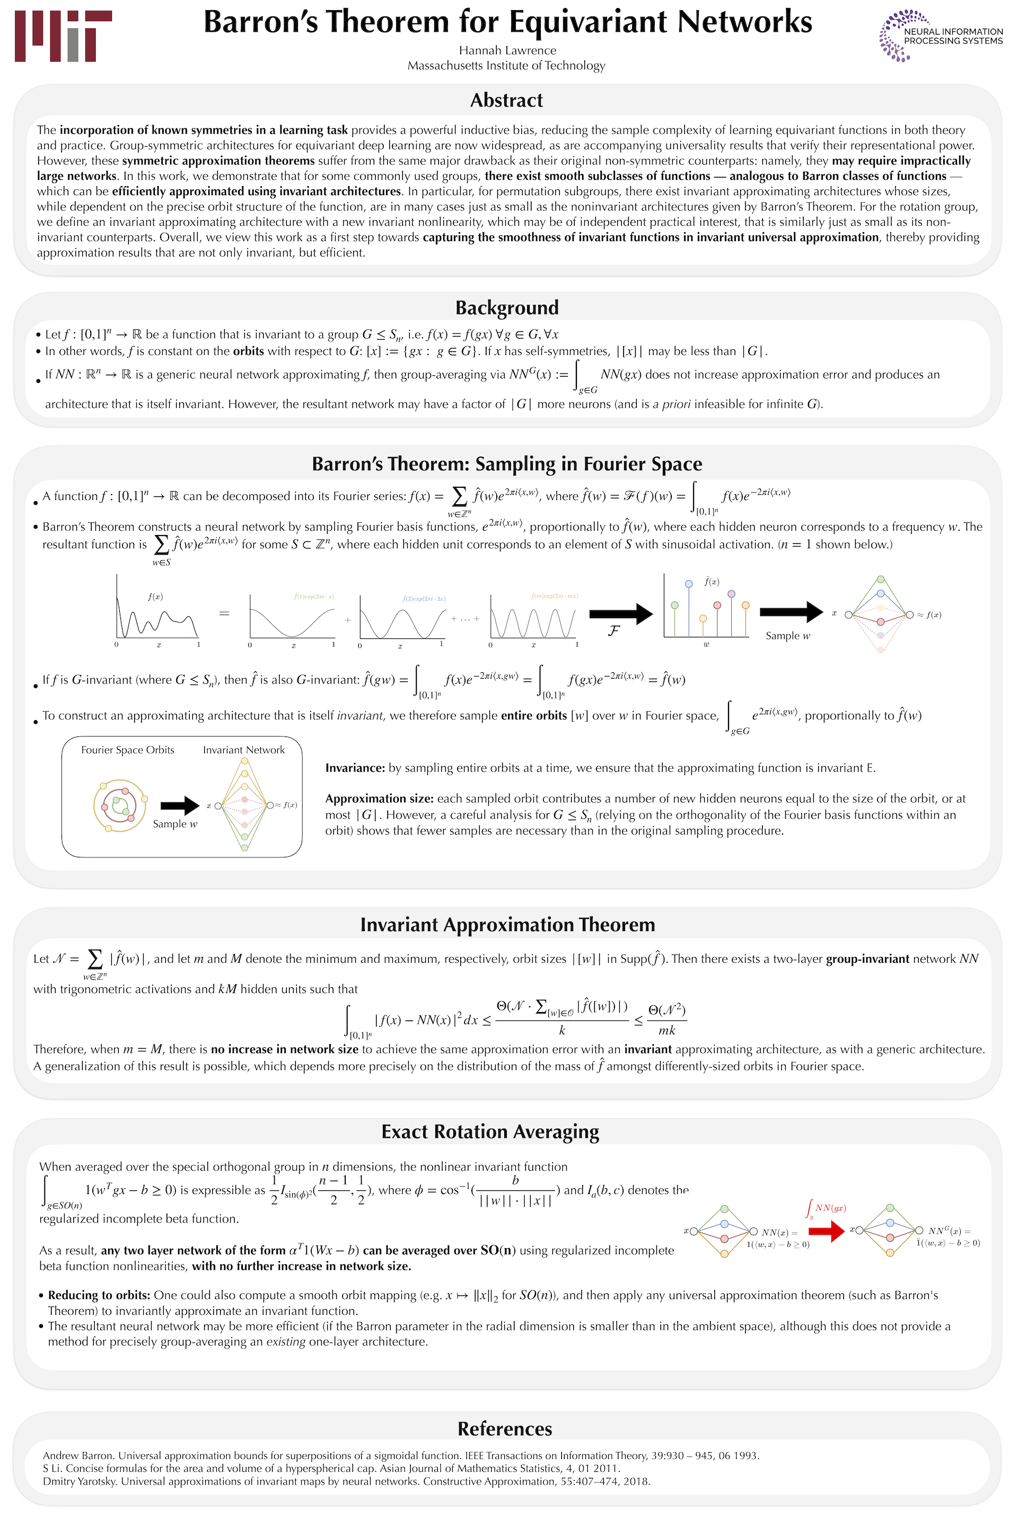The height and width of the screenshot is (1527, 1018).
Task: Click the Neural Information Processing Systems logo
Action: coord(941,37)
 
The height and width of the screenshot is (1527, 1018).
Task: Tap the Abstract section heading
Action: coord(506,100)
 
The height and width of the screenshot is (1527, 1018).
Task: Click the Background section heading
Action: coord(506,308)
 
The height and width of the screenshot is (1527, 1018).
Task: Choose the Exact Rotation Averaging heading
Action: coord(489,1131)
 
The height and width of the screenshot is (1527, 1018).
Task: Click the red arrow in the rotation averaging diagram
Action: coord(828,1230)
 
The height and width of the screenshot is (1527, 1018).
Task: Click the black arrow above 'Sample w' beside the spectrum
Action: coord(791,611)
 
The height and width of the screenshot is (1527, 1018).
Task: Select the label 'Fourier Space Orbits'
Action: coord(128,750)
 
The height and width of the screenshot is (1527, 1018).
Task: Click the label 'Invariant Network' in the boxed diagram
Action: coord(243,750)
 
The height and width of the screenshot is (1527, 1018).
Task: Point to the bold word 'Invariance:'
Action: coord(355,768)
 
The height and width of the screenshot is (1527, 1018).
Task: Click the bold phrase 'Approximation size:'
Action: coord(379,798)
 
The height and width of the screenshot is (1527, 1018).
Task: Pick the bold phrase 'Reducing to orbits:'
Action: coord(99,1295)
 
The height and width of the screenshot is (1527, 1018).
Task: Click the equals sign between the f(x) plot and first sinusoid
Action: coord(224,613)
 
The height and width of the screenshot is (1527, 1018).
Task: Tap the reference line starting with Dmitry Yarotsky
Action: coord(346,1481)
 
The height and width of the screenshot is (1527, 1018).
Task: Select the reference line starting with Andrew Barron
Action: coord(401,1455)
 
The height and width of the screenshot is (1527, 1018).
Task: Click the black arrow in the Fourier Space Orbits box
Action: coord(179,806)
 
